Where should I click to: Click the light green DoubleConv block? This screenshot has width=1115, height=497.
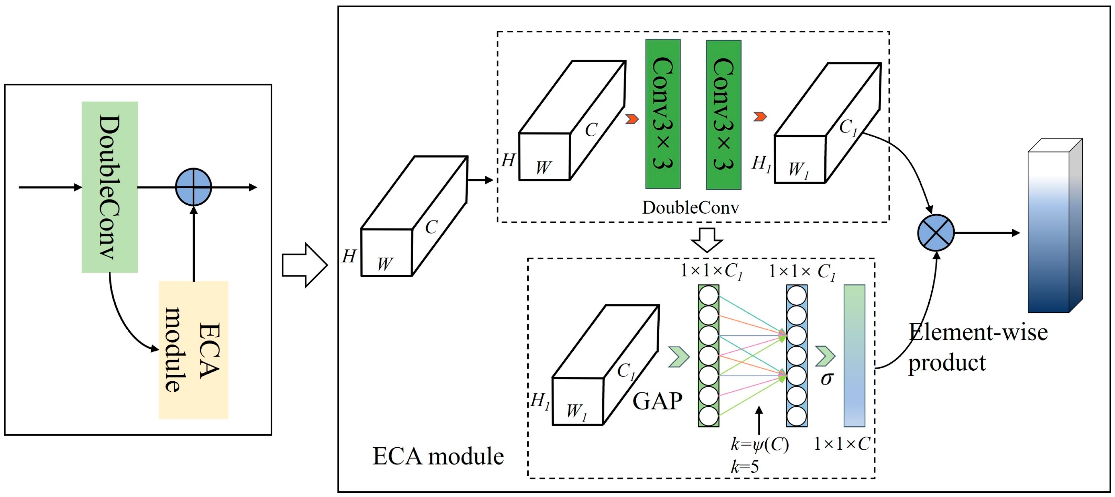pos(109,187)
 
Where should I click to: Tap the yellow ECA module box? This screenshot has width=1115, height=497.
pos(193,350)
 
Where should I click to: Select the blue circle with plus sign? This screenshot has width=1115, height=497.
pos(193,187)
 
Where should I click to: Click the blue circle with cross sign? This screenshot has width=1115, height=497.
pos(936,233)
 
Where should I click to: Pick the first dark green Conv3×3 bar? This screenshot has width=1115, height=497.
pos(663,114)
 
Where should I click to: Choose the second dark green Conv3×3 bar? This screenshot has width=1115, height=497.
pos(723,115)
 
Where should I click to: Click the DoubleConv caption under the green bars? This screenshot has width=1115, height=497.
pos(690,208)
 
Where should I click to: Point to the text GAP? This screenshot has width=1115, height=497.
pos(657,401)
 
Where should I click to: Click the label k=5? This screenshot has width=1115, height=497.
pos(745,467)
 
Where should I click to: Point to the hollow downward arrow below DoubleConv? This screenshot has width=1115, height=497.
pos(706,240)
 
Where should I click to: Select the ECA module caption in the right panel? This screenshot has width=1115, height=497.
pos(438,456)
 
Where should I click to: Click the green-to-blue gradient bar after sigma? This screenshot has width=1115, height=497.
pos(854,355)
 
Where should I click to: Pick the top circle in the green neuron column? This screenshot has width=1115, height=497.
pos(708,296)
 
